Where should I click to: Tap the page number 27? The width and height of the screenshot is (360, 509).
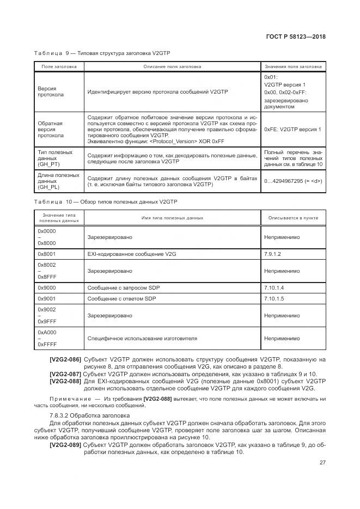(x=322, y=463)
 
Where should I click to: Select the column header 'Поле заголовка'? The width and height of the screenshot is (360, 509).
(x=59, y=66)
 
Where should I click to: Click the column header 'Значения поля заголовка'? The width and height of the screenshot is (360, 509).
(x=293, y=66)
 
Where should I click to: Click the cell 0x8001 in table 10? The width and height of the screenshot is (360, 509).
(x=46, y=254)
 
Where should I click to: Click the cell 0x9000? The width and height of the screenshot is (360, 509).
(x=46, y=287)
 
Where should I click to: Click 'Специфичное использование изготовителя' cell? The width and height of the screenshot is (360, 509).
(x=142, y=338)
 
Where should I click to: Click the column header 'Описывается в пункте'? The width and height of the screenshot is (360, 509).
(x=293, y=218)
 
